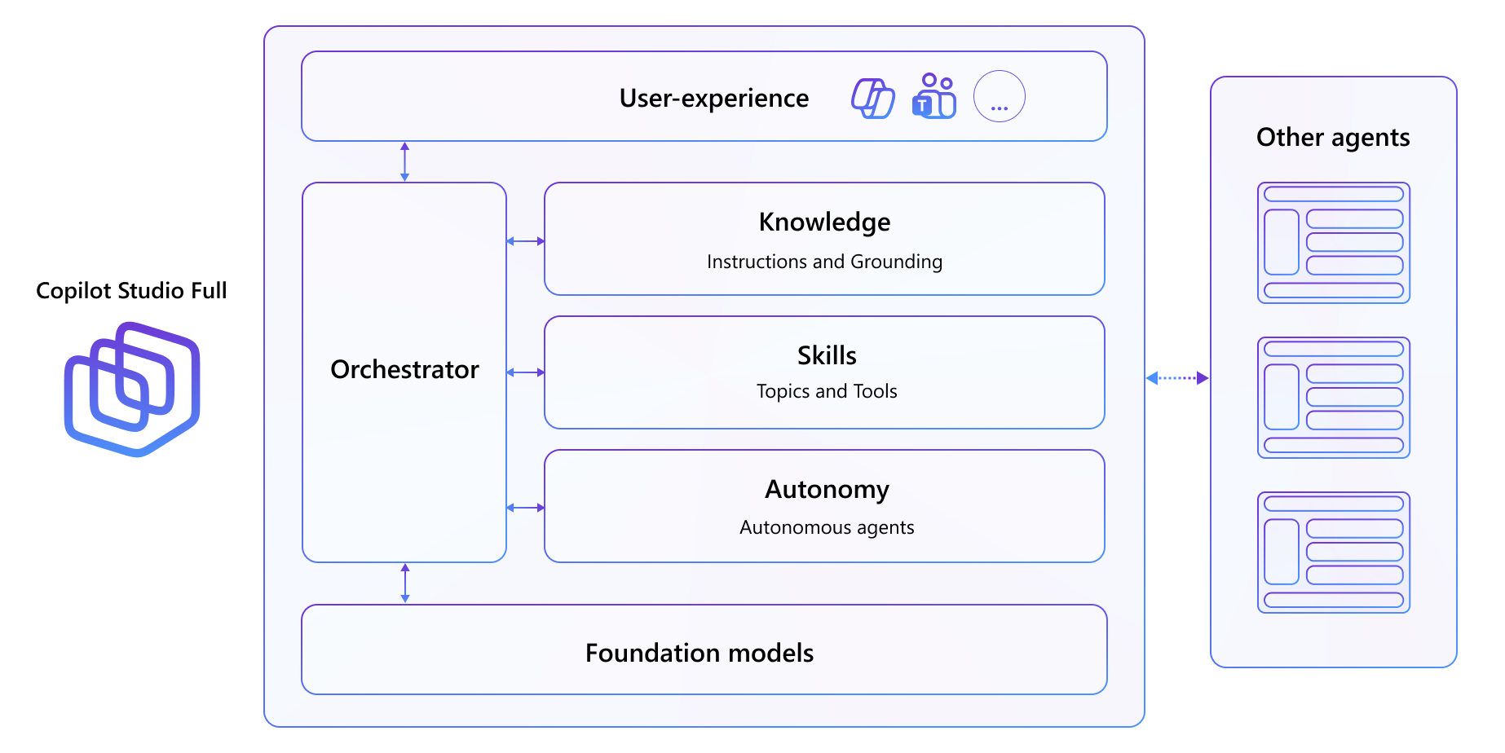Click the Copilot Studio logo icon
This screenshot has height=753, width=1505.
tap(132, 390)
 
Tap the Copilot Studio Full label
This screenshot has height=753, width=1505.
tap(131, 291)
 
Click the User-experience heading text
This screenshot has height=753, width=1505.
tap(713, 99)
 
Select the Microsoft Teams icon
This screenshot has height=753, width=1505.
tap(934, 96)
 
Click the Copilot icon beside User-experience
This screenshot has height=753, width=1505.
tap(872, 98)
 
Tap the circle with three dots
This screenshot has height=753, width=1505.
tap(999, 97)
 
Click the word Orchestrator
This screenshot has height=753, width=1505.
tap(404, 370)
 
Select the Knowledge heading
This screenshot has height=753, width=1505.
tap(824, 222)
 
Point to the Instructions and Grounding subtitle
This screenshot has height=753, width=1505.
tap(824, 262)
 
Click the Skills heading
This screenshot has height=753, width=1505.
tap(827, 356)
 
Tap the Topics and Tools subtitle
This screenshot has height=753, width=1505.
tap(827, 392)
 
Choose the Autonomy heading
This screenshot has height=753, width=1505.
tap(827, 490)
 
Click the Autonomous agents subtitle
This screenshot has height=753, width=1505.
tap(827, 528)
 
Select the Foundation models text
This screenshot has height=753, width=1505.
tap(699, 654)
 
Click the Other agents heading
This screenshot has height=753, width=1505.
tap(1333, 138)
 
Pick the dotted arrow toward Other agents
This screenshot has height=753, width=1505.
tap(1177, 378)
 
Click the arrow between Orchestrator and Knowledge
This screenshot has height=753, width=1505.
tap(525, 241)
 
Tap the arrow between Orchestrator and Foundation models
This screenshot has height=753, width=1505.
tap(405, 583)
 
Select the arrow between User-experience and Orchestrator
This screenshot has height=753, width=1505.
tap(404, 161)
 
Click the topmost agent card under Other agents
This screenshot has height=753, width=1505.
tap(1333, 243)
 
